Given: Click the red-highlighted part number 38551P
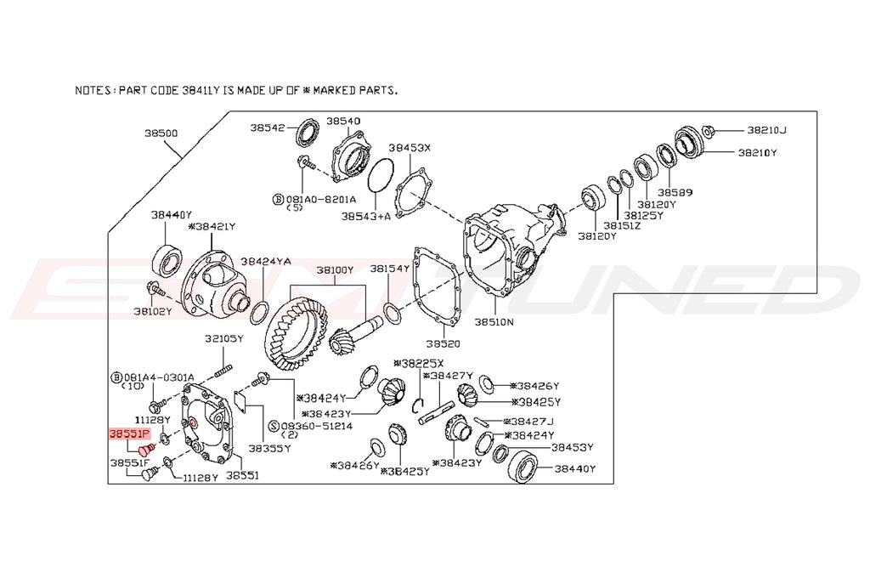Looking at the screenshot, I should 129,433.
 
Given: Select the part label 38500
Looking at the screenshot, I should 161,133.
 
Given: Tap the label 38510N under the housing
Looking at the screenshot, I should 494,323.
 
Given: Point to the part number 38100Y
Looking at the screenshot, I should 335,270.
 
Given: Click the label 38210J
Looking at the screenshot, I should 766,130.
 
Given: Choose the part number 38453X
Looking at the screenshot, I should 410,147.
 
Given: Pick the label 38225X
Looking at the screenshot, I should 422,363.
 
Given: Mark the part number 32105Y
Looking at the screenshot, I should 223,338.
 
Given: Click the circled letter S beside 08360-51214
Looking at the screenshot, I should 274,424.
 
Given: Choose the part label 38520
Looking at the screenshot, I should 443,344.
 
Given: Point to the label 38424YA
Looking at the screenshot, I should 265,262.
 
